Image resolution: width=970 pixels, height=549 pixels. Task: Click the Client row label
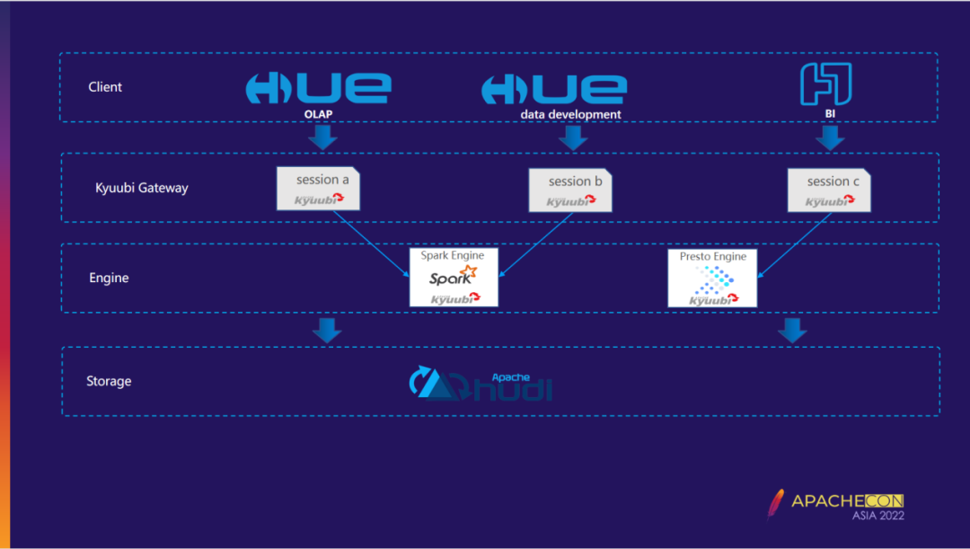(x=105, y=87)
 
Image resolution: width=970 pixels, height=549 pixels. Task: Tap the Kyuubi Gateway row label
(x=142, y=188)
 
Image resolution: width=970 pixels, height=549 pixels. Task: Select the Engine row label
(x=109, y=278)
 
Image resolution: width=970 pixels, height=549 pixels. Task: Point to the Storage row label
(x=109, y=381)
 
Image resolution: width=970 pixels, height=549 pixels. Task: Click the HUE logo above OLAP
(x=318, y=88)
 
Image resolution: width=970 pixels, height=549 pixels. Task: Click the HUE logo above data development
(x=553, y=88)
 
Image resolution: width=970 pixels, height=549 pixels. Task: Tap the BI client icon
(x=825, y=84)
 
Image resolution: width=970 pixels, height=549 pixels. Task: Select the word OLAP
(x=319, y=114)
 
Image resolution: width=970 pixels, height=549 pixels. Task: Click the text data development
(x=571, y=114)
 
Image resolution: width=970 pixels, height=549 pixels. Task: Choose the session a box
(x=318, y=189)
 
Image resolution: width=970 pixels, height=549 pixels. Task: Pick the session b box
(x=570, y=190)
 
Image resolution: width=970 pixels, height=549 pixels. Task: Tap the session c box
(x=828, y=190)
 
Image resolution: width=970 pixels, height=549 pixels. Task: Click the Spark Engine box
(x=454, y=277)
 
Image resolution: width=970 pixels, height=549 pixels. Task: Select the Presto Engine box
(x=712, y=278)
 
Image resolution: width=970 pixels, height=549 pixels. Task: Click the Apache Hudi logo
(x=481, y=384)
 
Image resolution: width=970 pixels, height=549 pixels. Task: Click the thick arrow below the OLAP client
(x=322, y=137)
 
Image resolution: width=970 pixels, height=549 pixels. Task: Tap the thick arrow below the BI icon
(x=830, y=137)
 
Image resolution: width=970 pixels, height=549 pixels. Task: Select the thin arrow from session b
(x=533, y=244)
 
